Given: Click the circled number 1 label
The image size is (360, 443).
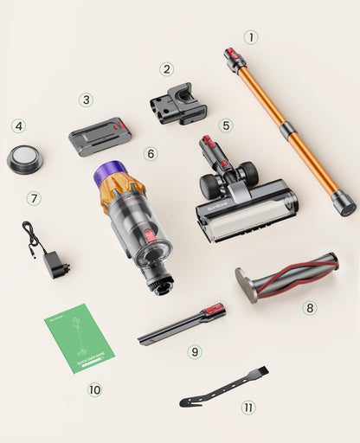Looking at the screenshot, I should [251, 37].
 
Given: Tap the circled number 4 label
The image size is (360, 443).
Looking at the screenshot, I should [18, 126].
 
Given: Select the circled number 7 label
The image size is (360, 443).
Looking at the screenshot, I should [34, 198].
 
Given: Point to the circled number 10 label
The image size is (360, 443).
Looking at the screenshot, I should [94, 389].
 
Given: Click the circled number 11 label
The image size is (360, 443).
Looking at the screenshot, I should [248, 407].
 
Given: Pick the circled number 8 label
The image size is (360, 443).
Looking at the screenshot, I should [310, 307].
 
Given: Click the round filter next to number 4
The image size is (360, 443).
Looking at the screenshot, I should [24, 158].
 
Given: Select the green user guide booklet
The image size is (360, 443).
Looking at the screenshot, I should [79, 337].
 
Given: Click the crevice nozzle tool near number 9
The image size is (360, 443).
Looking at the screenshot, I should [182, 326].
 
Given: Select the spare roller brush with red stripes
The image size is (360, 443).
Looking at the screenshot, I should [286, 277].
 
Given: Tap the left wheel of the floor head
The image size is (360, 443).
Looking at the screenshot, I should [210, 187].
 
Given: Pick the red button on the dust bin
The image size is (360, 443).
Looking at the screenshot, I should [150, 234].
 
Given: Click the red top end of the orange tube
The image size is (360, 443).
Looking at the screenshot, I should [234, 59].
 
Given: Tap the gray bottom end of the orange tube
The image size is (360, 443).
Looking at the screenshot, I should [343, 203].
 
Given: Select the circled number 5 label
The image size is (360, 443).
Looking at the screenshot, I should [225, 125].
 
